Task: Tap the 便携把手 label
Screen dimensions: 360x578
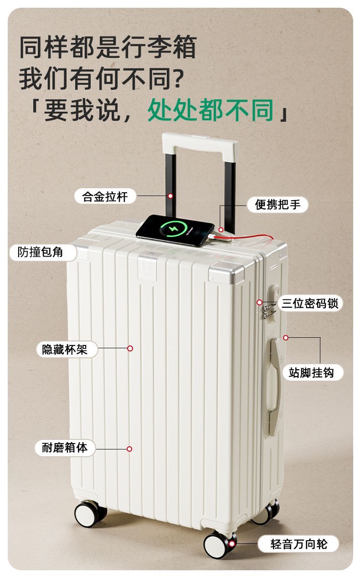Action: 278,205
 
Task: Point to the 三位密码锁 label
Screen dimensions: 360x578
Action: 310,303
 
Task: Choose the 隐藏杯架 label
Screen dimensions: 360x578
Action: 64,349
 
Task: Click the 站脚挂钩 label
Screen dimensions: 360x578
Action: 311,372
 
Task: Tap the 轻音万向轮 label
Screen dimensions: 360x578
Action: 299,544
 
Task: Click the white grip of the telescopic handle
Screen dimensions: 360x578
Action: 201,143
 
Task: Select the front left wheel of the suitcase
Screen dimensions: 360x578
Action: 89,514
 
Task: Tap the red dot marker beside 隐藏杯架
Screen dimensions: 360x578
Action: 130,348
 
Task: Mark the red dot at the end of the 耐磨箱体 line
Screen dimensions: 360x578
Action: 129,449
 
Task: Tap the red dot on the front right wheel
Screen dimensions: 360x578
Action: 232,543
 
